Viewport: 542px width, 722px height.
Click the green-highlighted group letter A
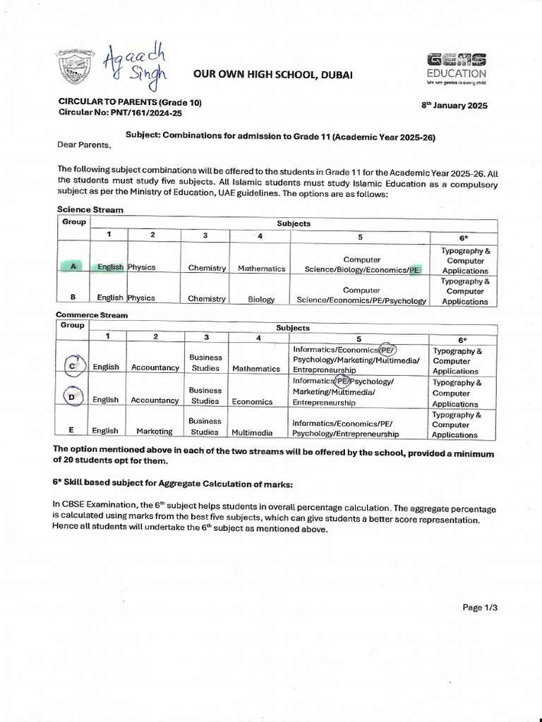(73, 267)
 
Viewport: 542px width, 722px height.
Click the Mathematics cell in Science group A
(261, 268)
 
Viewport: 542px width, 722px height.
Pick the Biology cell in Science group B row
(261, 299)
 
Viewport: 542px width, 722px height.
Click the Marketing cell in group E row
(155, 431)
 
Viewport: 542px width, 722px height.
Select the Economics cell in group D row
(252, 401)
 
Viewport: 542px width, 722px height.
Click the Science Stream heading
(90, 209)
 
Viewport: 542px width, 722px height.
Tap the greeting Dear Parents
(84, 146)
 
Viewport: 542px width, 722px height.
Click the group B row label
(73, 298)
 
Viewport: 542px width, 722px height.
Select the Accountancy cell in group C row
(155, 368)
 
